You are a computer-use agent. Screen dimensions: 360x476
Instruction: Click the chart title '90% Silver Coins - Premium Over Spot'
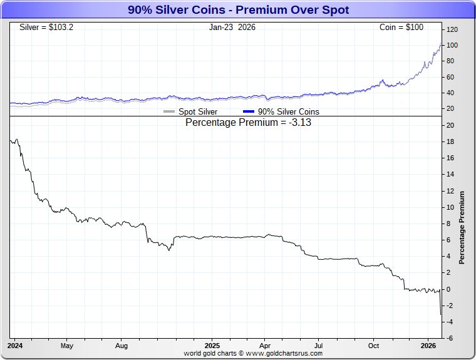click(x=238, y=10)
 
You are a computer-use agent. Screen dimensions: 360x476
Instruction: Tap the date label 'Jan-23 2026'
click(x=232, y=28)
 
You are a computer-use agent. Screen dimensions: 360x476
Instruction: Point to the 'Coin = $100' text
click(x=401, y=28)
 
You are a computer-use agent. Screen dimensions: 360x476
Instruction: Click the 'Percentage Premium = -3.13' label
click(x=249, y=123)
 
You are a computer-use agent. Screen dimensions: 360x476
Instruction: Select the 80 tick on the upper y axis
click(x=450, y=61)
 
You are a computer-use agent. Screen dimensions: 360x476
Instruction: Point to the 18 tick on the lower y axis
click(x=450, y=141)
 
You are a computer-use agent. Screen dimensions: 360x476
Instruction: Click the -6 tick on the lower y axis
click(x=450, y=338)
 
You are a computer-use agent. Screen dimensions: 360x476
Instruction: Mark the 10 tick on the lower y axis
click(x=450, y=207)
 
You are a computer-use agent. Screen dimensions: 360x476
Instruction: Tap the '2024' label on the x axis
click(x=16, y=345)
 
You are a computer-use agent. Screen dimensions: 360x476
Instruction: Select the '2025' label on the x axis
click(x=212, y=345)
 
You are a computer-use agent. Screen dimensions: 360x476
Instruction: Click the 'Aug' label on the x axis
click(x=122, y=345)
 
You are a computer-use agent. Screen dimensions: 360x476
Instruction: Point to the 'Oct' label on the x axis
click(x=373, y=345)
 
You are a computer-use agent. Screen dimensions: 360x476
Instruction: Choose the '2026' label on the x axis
click(x=428, y=345)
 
